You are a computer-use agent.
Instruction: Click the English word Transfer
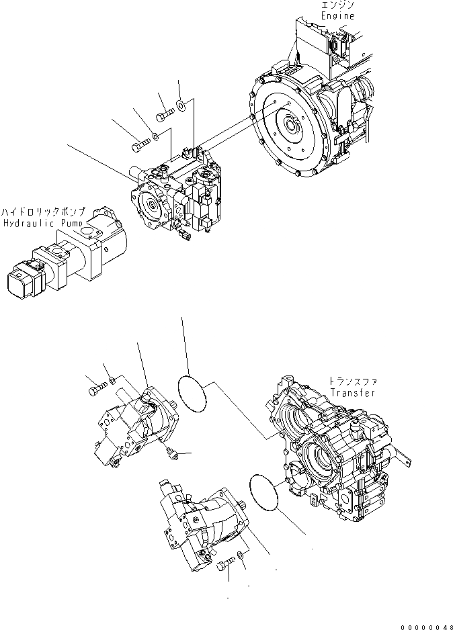coord(352,393)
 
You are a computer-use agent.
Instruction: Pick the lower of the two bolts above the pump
coord(138,144)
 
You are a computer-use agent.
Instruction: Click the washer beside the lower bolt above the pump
coord(155,136)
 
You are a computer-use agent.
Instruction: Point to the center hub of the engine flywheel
coord(294,125)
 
